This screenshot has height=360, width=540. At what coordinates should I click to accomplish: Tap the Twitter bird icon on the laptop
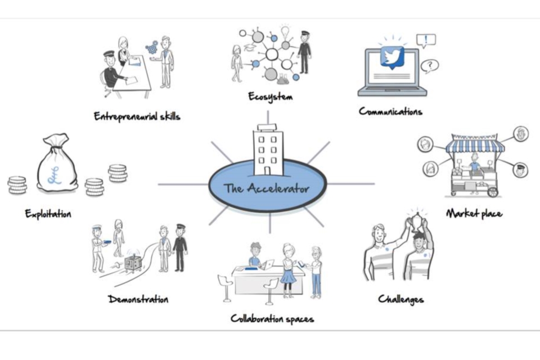pyautogui.click(x=392, y=57)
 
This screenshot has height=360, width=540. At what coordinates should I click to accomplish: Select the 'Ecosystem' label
pyautogui.click(x=271, y=97)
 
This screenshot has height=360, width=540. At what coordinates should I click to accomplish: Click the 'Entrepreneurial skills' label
pyautogui.click(x=137, y=116)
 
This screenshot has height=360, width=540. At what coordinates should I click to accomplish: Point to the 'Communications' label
pyautogui.click(x=390, y=111)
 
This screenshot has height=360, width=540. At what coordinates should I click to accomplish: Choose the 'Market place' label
pyautogui.click(x=474, y=214)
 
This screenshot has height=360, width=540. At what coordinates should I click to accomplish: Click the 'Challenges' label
pyautogui.click(x=401, y=299)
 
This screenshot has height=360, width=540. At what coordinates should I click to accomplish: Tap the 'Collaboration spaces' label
pyautogui.click(x=272, y=319)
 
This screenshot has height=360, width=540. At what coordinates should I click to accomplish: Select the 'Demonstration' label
pyautogui.click(x=138, y=299)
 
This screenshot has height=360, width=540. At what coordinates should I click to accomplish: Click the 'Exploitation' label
pyautogui.click(x=48, y=214)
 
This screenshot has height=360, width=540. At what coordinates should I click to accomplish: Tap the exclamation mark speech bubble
pyautogui.click(x=426, y=41)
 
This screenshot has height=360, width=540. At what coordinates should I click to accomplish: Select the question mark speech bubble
pyautogui.click(x=429, y=66)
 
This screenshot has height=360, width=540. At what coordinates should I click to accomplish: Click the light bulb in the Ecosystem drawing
pyautogui.click(x=285, y=31)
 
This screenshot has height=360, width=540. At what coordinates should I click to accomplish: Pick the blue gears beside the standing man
pyautogui.click(x=152, y=47)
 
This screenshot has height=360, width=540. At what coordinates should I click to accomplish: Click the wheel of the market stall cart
pyautogui.click(x=493, y=192)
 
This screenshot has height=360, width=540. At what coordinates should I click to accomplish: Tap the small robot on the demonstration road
pyautogui.click(x=133, y=263)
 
